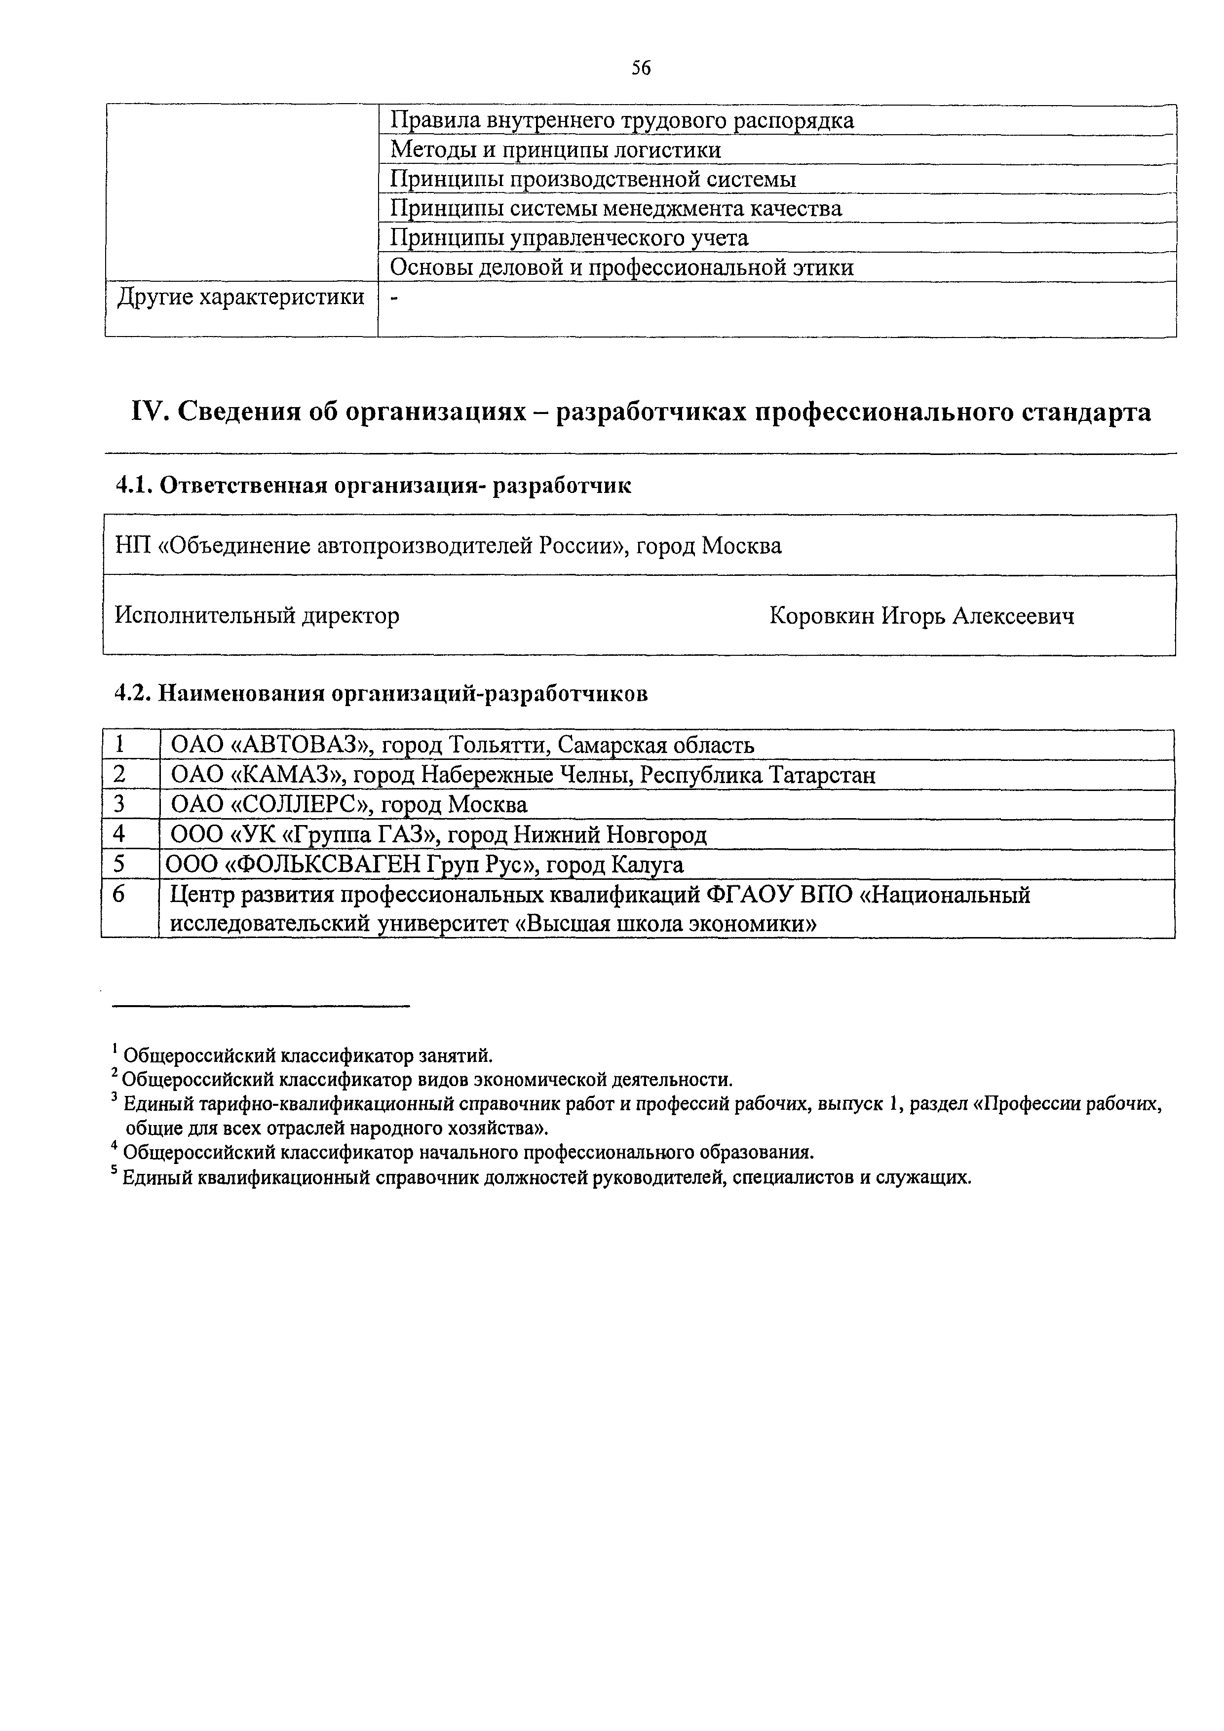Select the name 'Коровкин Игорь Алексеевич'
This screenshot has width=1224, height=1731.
click(921, 616)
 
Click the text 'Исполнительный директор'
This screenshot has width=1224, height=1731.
click(257, 616)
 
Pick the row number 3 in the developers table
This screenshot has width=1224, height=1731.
click(119, 804)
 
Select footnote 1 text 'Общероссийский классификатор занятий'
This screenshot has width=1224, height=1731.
click(307, 1054)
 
